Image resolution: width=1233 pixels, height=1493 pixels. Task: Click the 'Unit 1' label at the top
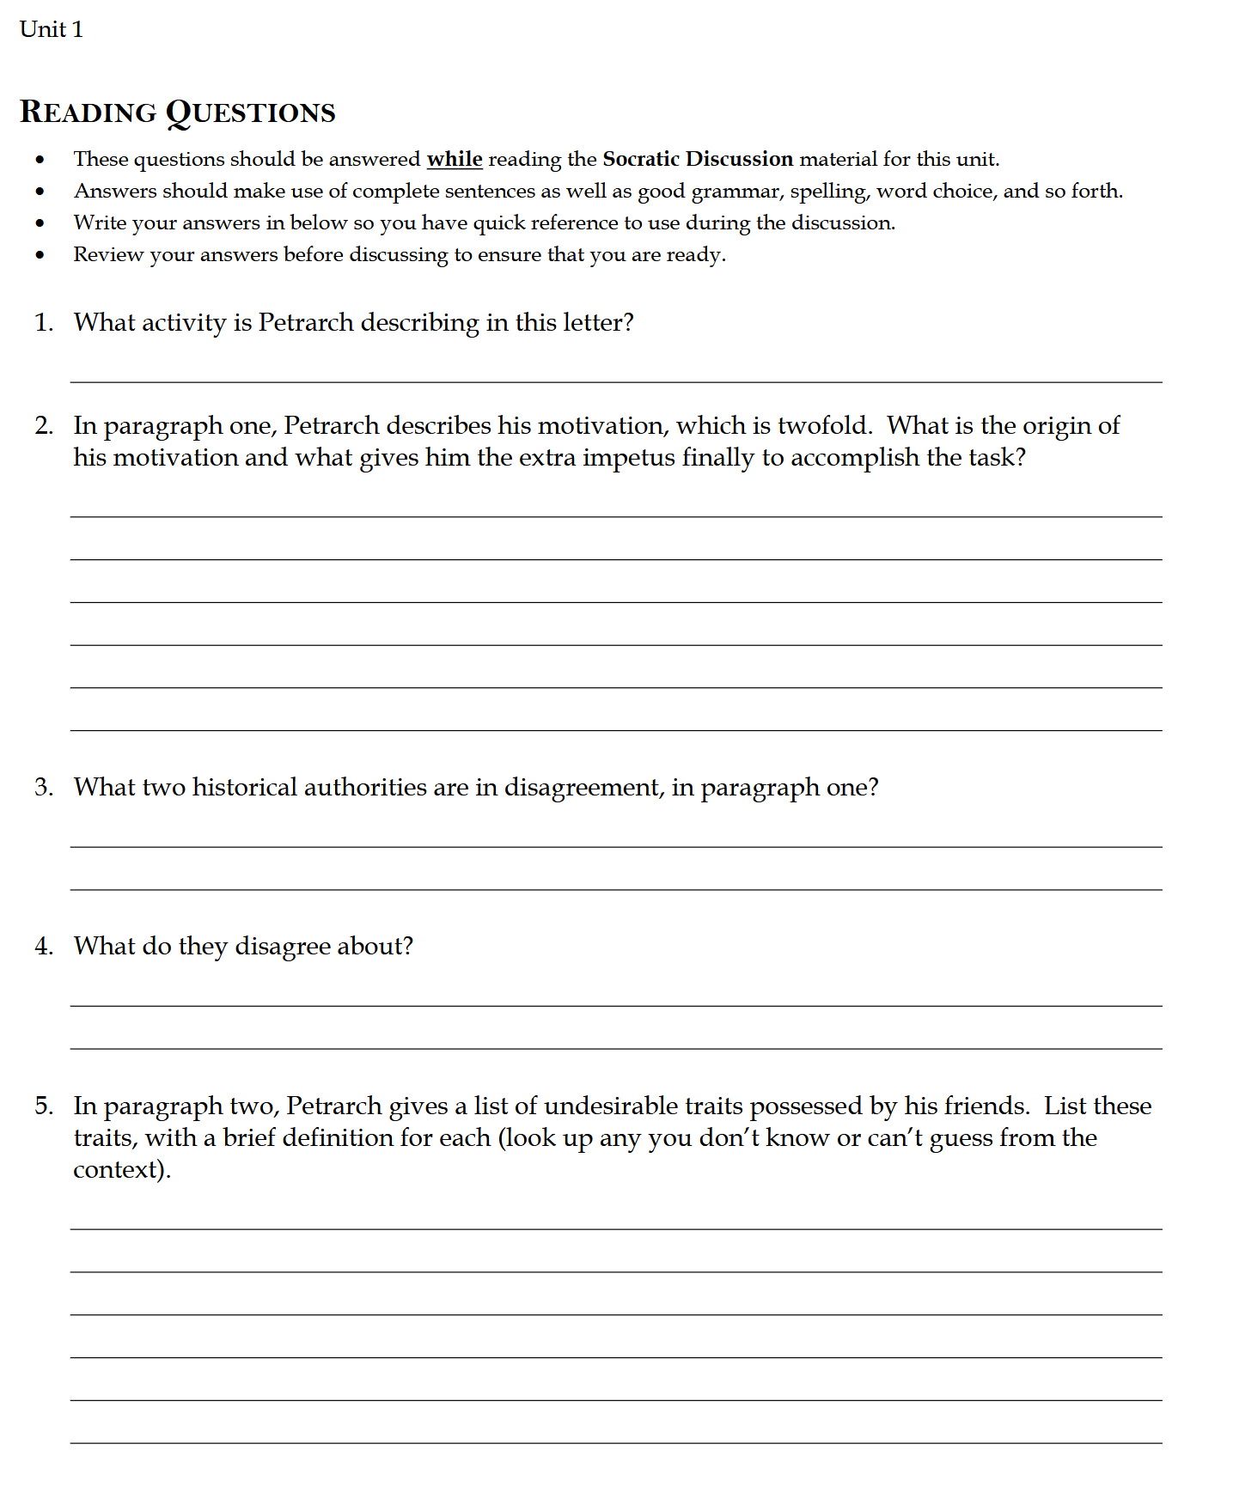click(x=51, y=29)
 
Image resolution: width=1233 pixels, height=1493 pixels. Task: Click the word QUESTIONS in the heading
click(x=250, y=113)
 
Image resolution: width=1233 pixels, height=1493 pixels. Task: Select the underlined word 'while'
click(x=455, y=159)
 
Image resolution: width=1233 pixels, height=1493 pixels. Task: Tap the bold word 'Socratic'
click(x=641, y=159)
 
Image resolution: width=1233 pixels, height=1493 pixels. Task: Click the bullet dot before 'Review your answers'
click(x=40, y=255)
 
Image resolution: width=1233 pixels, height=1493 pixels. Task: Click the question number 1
click(x=43, y=323)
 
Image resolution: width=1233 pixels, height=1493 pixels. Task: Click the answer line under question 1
click(x=615, y=381)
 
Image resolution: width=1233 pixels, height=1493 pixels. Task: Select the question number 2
click(x=43, y=426)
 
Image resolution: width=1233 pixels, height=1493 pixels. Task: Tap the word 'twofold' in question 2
click(x=824, y=426)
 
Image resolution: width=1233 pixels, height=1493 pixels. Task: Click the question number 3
click(x=43, y=788)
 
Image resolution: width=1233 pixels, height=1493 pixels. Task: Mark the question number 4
click(x=43, y=947)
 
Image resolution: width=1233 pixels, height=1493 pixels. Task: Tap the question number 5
click(x=43, y=1106)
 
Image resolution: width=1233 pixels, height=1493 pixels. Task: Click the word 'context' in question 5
click(x=118, y=1170)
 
